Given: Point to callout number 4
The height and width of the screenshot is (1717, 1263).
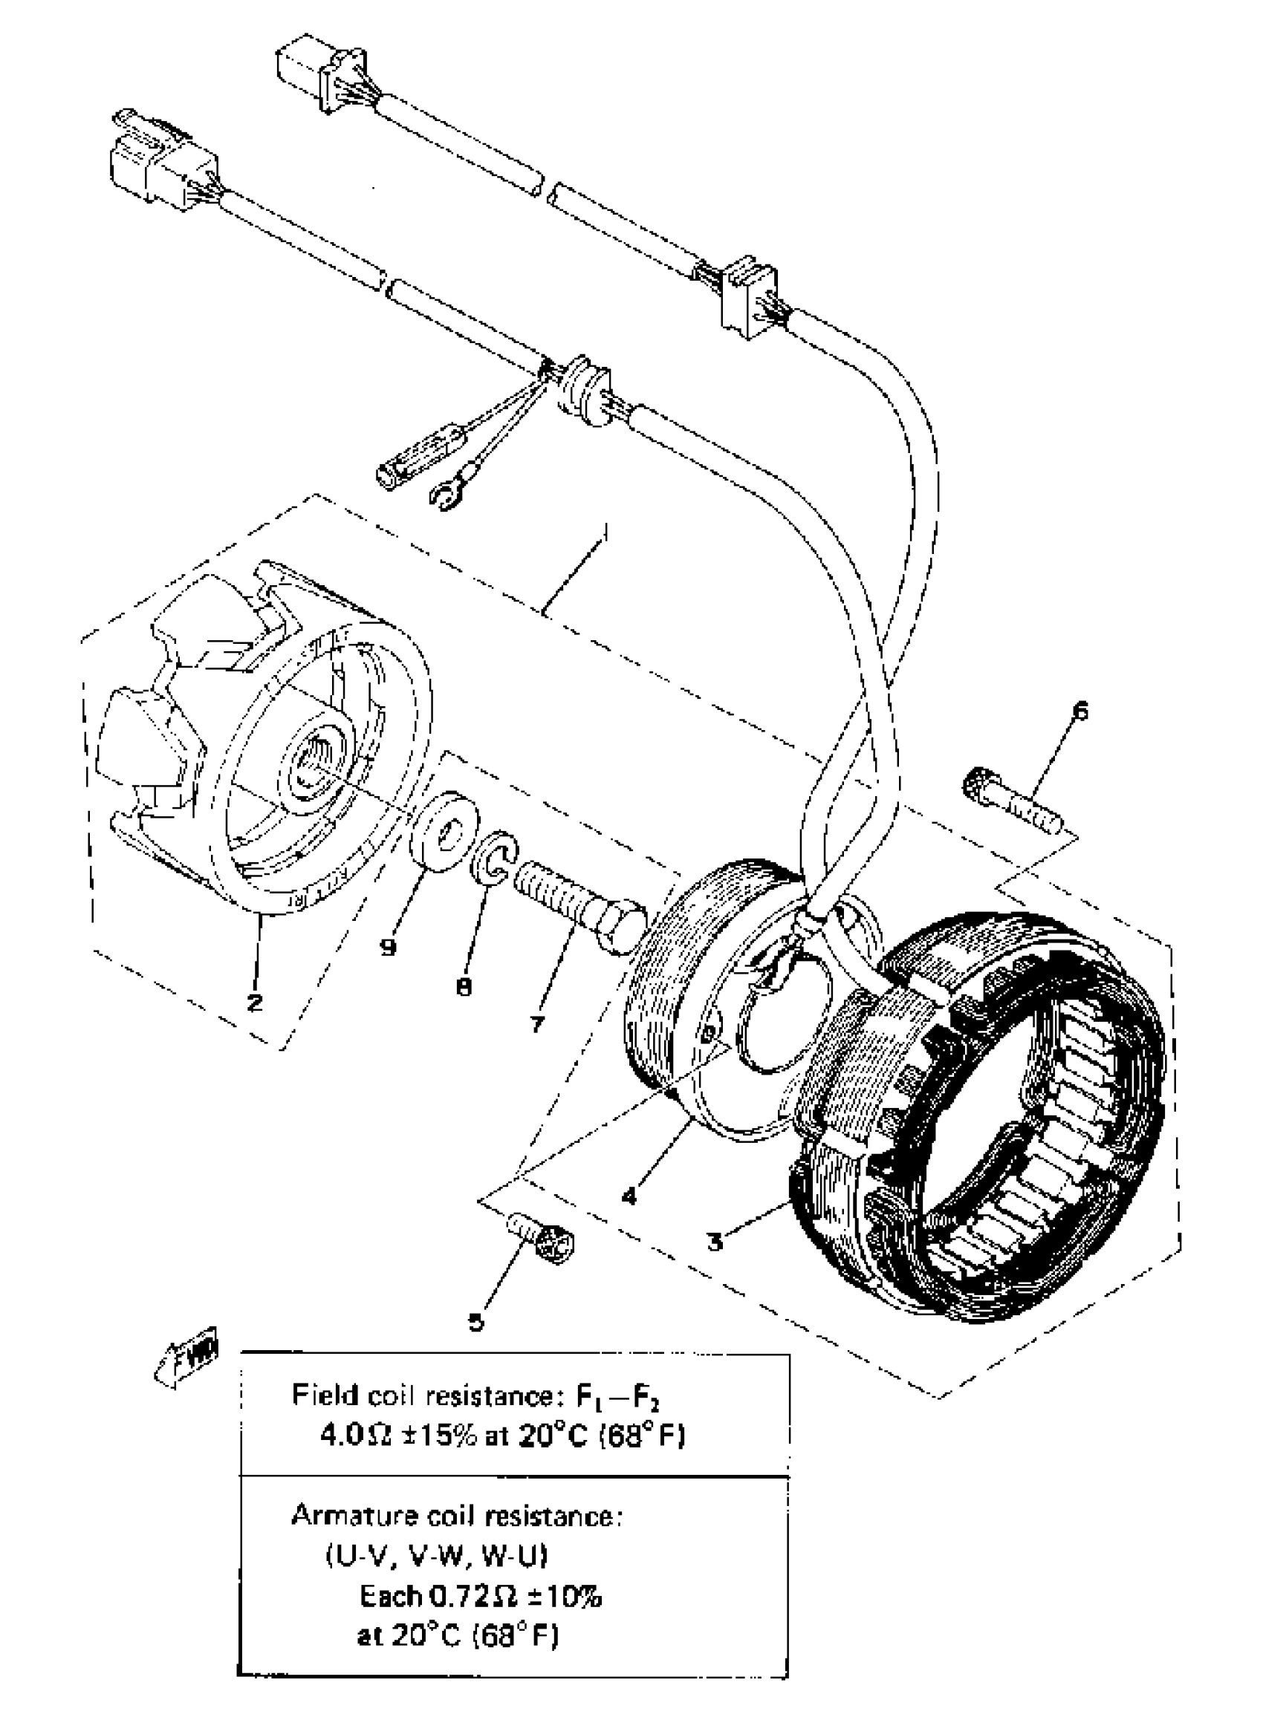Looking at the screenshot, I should point(629,1196).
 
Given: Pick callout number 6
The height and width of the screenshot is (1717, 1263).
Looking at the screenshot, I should point(1079,711).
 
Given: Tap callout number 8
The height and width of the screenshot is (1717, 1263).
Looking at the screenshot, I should point(464,987).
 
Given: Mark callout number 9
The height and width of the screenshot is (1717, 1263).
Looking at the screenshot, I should point(389,948).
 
